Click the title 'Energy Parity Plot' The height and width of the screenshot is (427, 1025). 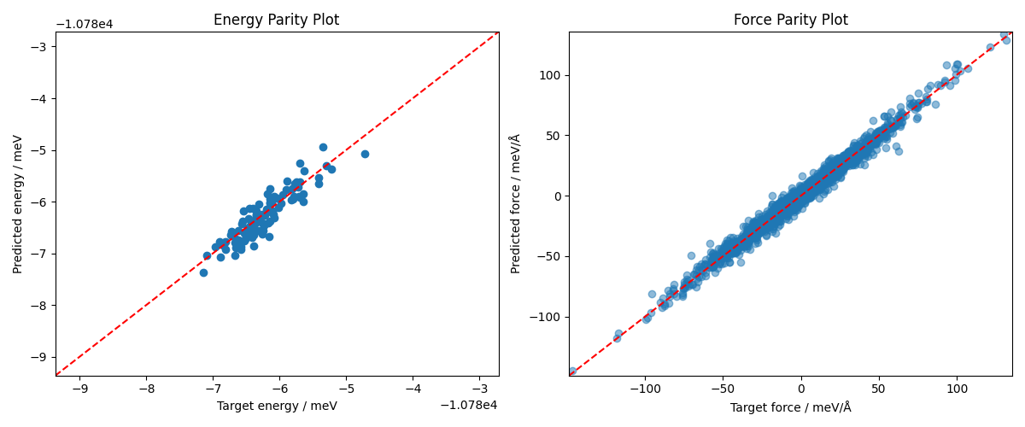276,20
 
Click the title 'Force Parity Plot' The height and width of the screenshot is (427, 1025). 790,20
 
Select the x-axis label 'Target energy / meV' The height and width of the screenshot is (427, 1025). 277,407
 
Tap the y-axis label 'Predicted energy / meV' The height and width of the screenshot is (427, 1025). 18,203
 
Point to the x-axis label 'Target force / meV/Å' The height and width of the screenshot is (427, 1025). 790,407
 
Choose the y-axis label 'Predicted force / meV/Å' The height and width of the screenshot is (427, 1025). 515,203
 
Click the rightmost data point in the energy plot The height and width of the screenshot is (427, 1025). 365,154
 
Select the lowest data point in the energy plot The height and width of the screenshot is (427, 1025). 203,272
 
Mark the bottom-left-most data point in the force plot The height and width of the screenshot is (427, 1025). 571,371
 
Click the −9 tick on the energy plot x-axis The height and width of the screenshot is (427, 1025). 79,389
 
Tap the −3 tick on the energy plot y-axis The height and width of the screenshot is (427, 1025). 40,46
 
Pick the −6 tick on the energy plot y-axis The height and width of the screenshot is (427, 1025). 40,202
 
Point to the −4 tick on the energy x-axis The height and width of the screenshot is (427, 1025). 413,389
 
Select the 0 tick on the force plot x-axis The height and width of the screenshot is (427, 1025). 800,389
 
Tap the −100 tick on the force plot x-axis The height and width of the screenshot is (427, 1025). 645,389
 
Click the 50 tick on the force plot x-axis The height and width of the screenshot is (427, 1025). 879,389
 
